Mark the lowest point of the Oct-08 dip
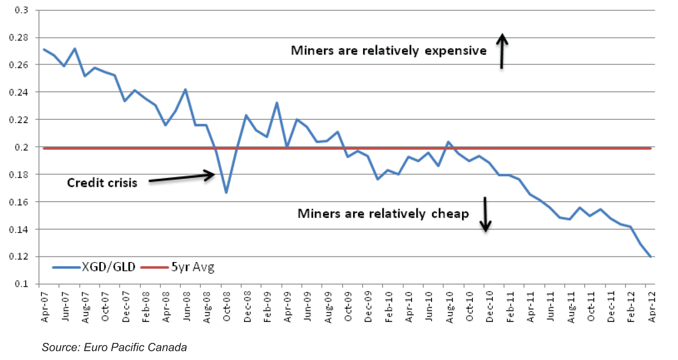point(226,193)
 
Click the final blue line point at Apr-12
point(650,257)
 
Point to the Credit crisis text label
point(102,183)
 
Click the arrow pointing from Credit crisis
point(181,177)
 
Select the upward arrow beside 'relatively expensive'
point(502,51)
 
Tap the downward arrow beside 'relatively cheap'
point(485,214)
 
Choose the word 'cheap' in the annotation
point(450,214)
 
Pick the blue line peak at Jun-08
point(186,89)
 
